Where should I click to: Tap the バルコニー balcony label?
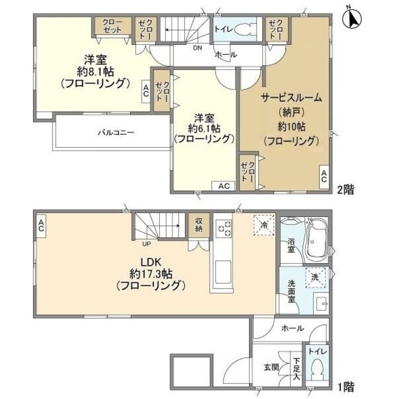tap(116, 133)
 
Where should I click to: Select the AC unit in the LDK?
tap(41, 226)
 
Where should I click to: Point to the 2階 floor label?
tap(345, 190)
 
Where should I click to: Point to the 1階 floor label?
tap(345, 387)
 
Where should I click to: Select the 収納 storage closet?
tap(198, 225)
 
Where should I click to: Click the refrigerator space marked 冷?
tap(265, 225)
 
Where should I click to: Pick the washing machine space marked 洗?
tap(316, 277)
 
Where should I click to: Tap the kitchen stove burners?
tap(223, 228)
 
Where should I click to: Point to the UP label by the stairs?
tap(147, 244)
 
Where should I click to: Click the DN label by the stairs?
tap(197, 47)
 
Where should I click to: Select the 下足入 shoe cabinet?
tap(296, 368)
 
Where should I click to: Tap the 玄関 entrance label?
tap(271, 367)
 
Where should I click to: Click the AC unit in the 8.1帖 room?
tap(146, 91)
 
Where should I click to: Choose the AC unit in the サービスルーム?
tap(324, 176)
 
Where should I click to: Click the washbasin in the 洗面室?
tap(320, 303)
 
